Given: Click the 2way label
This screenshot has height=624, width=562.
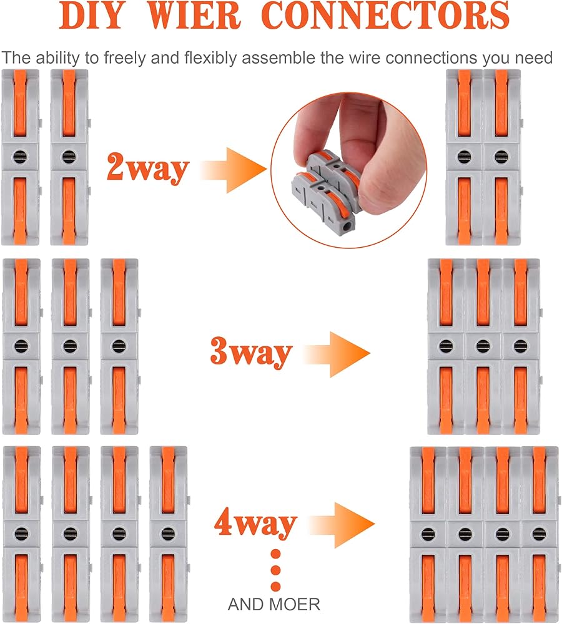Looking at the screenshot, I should point(147,167).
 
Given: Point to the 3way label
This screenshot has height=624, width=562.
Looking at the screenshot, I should point(251,353).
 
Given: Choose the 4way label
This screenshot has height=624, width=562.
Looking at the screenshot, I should point(255,523).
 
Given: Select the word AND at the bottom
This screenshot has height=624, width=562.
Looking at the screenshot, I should point(246,604).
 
